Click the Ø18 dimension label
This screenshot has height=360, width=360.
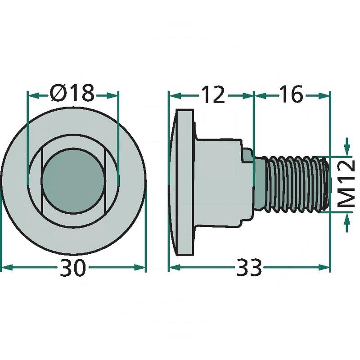(x=72, y=94)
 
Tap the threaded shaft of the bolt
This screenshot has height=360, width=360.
(x=292, y=184)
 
